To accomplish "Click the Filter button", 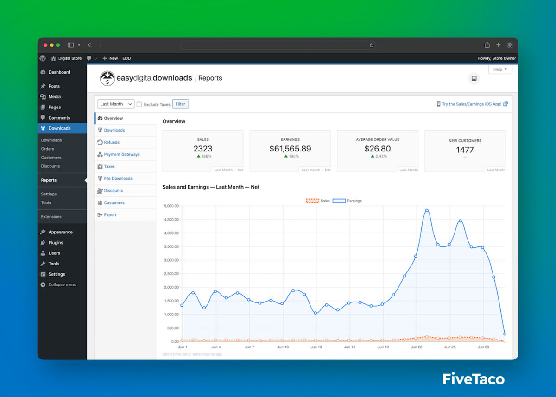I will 180,104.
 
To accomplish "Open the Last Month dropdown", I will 116,104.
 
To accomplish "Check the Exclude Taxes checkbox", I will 139,105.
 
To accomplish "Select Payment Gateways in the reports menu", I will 121,154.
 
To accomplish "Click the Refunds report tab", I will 112,142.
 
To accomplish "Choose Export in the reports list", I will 110,215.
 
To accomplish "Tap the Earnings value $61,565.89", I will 290,149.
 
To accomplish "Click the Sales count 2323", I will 203,149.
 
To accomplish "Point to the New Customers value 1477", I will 465,150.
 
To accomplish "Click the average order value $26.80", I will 378,149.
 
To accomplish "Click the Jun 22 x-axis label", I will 417,347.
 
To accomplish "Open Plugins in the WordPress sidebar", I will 56,243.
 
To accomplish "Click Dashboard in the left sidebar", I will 59,72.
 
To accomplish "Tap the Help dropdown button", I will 500,69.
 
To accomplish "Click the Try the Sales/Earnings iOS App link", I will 472,104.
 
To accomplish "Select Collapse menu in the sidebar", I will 62,285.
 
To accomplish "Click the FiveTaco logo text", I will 473,379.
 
